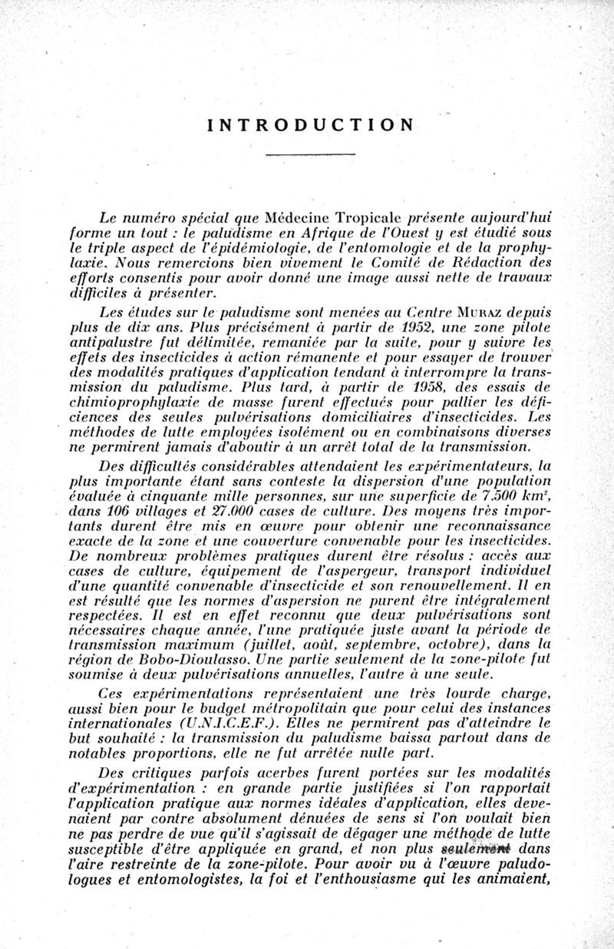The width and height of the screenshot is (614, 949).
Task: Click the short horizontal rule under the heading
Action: pos(309,156)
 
